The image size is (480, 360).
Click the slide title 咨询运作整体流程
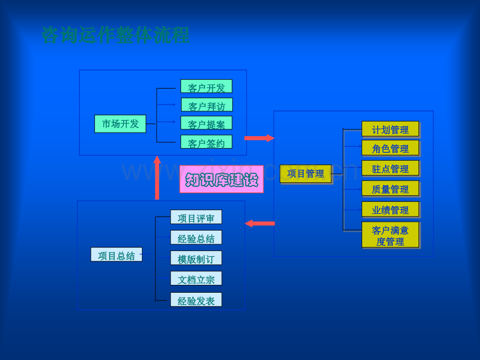click(x=115, y=35)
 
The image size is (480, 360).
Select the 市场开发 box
click(x=121, y=124)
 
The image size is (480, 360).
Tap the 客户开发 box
click(x=206, y=86)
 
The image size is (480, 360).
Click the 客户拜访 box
click(x=207, y=105)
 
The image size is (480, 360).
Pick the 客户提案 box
click(x=206, y=123)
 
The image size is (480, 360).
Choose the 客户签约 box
click(x=206, y=142)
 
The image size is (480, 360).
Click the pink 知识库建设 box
click(x=222, y=179)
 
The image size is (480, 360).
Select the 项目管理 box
click(x=306, y=174)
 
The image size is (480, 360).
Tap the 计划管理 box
click(x=390, y=129)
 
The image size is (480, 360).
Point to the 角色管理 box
click(x=390, y=148)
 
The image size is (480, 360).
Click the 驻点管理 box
click(x=390, y=168)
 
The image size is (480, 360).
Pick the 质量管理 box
click(x=390, y=188)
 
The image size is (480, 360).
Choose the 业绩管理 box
click(x=390, y=209)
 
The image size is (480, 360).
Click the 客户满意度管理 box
click(x=390, y=235)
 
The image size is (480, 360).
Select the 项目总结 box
click(x=116, y=255)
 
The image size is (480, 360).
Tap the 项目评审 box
click(x=196, y=217)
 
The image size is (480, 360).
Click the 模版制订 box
click(x=196, y=258)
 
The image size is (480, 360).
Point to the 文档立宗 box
click(x=196, y=278)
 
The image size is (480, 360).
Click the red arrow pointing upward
click(x=157, y=177)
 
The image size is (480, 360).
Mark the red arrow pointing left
click(x=260, y=223)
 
